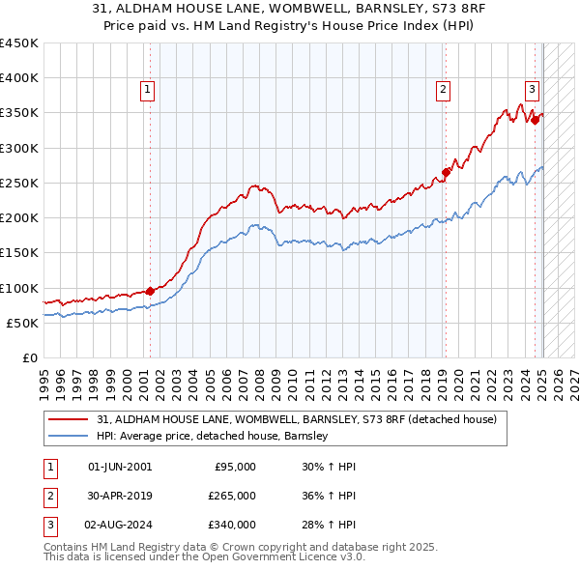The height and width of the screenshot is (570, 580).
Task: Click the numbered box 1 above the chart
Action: tap(148, 90)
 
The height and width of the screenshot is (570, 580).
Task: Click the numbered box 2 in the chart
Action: tap(443, 90)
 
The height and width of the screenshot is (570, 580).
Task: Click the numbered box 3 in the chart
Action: tap(532, 90)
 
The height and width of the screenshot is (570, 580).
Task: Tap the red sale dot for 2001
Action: tap(150, 291)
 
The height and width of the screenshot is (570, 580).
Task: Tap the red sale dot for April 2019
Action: tap(446, 173)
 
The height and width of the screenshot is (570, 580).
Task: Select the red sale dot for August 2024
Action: tap(534, 120)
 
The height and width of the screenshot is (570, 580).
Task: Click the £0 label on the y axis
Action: tap(31, 357)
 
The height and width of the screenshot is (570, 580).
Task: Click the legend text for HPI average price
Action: tap(213, 437)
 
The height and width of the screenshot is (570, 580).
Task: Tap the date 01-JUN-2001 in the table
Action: tap(120, 467)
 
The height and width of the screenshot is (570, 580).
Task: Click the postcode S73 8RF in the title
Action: tap(421, 10)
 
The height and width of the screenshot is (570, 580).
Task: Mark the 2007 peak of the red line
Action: tap(253, 185)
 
